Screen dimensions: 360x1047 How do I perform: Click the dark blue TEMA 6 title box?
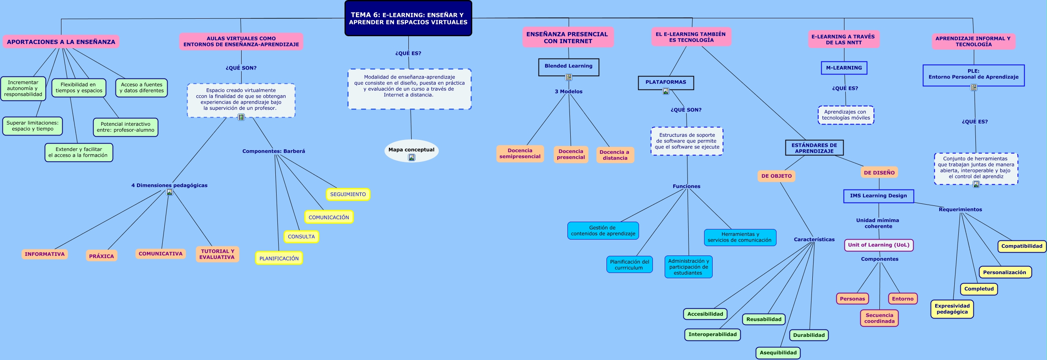[x=408, y=18]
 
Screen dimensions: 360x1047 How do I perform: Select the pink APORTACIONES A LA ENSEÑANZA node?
[x=61, y=41]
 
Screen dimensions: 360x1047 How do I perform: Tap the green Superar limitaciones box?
[x=33, y=126]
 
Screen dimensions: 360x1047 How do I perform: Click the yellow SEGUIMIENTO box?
[x=348, y=194]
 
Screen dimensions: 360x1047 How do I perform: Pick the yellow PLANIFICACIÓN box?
[x=279, y=258]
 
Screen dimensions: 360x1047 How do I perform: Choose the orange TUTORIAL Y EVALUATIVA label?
[x=217, y=254]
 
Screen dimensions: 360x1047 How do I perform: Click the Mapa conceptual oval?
[x=411, y=150]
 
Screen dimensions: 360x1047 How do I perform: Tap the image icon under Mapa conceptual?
[x=412, y=157]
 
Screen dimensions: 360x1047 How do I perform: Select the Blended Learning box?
[x=569, y=66]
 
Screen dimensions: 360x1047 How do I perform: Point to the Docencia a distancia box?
[x=615, y=155]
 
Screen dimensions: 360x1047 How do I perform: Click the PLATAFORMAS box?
[x=666, y=82]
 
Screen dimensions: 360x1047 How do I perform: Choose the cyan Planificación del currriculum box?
[x=629, y=264]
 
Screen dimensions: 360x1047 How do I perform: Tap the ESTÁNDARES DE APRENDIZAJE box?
[x=814, y=148]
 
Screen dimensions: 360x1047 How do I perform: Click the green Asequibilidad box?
[x=778, y=353]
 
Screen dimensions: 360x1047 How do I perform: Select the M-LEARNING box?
[x=844, y=68]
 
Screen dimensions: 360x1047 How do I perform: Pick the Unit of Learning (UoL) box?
[x=879, y=245]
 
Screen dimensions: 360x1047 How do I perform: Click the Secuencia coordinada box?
[x=879, y=318]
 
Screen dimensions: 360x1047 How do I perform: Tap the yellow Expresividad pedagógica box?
[x=952, y=309]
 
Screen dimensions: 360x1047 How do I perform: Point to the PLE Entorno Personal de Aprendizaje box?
[x=973, y=75]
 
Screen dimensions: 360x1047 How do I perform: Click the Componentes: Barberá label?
[x=273, y=151]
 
